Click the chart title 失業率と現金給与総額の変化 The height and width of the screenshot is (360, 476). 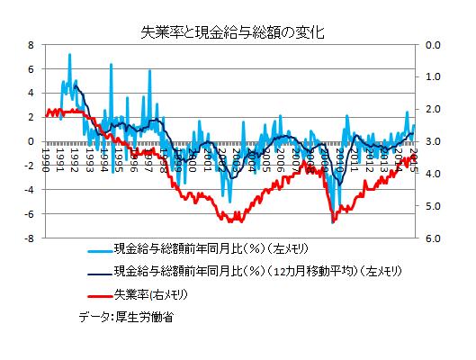pos(238,31)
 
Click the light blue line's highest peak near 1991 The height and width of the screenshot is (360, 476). pos(69,54)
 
